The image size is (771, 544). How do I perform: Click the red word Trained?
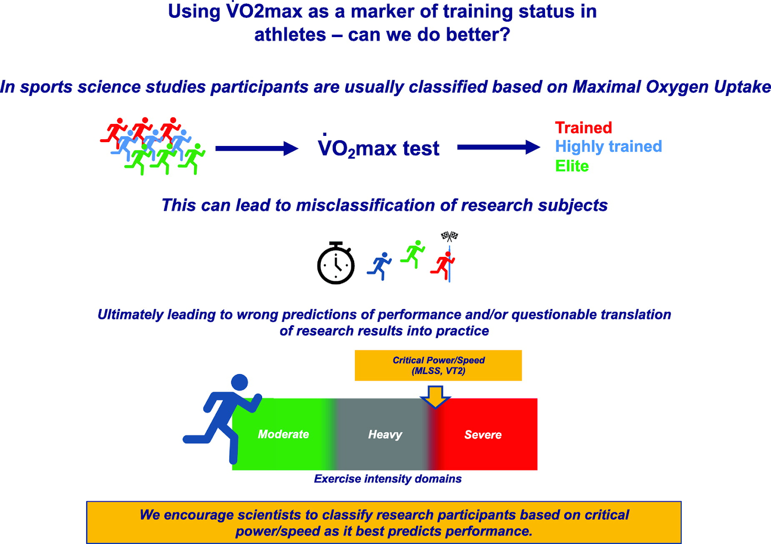coord(583,128)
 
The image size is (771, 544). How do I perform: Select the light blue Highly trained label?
coord(608,146)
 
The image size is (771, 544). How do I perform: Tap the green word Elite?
coord(572,166)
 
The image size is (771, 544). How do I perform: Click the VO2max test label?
coord(378,148)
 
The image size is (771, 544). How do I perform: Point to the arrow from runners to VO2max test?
coord(256,148)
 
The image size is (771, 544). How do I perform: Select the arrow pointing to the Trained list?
coord(498,147)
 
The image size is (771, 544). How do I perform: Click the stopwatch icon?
coord(336,264)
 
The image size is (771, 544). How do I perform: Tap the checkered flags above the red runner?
coord(450,236)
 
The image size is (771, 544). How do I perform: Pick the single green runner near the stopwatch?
coord(413,253)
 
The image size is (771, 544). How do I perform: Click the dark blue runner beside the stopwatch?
coord(380,265)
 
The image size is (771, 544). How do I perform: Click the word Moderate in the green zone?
coord(283,434)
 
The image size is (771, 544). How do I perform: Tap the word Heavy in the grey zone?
coord(385,435)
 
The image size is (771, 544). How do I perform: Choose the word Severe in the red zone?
coord(483,435)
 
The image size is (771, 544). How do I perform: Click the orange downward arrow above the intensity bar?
coord(435,396)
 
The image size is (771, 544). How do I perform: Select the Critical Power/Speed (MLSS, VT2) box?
coord(438,366)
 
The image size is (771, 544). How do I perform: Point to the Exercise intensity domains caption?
coord(387,478)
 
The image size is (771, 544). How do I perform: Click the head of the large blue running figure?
coord(239,382)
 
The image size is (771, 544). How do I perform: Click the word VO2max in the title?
coord(264,11)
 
